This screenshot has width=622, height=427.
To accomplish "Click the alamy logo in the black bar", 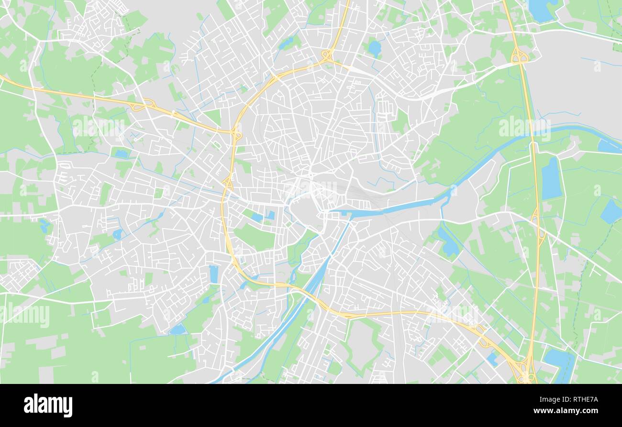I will tap(48, 405).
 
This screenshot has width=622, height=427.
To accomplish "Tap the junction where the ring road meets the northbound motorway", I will tap(328, 55).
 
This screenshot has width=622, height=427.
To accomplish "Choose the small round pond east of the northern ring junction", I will tap(374, 48).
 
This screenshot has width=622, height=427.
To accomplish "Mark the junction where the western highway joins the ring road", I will tap(236, 134).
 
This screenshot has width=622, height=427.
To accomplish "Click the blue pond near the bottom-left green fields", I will tap(178, 329).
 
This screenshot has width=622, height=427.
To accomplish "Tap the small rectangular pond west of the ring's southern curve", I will tap(213, 274).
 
